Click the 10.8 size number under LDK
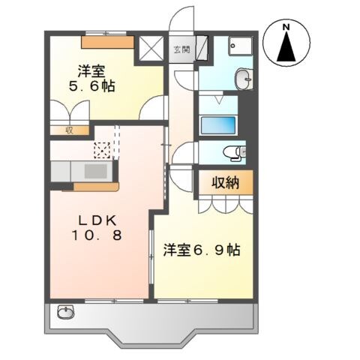pyautogui.click(x=95, y=236)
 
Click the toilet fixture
pyautogui.click(x=235, y=152)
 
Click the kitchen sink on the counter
pyautogui.click(x=95, y=171)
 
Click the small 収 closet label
pyautogui.click(x=67, y=130)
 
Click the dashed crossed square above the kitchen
pyautogui.click(x=101, y=148)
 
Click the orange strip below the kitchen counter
pyautogui.click(x=89, y=185)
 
